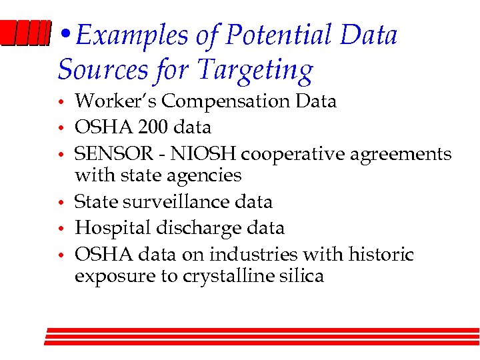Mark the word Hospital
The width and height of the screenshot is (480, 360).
tap(111, 228)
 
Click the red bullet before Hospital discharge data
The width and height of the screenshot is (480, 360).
tap(60, 229)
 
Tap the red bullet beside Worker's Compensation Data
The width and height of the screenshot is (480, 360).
tap(60, 103)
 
